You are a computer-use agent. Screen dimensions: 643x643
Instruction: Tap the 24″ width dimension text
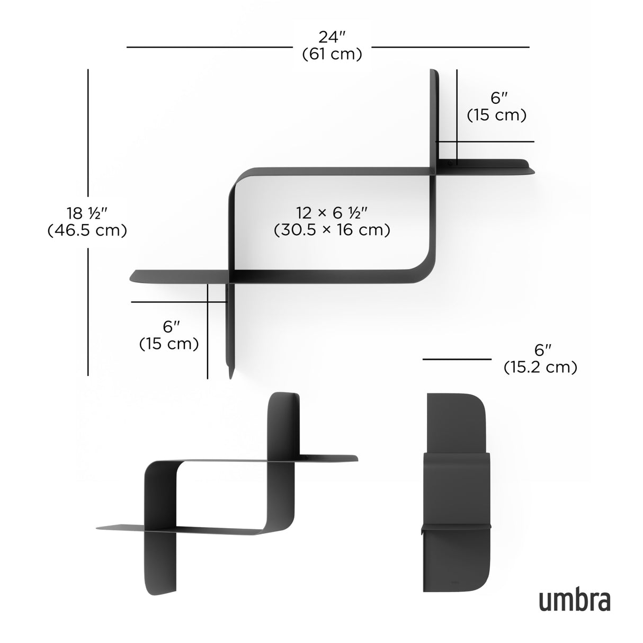pyautogui.click(x=332, y=37)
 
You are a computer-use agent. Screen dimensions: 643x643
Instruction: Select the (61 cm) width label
pyautogui.click(x=332, y=54)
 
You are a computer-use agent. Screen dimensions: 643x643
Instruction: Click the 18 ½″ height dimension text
pyautogui.click(x=87, y=213)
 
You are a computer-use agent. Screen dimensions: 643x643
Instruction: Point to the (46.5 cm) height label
pyautogui.click(x=87, y=230)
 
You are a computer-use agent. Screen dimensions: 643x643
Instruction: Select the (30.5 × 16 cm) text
pyautogui.click(x=332, y=230)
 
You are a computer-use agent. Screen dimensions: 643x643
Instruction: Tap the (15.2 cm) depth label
pyautogui.click(x=540, y=367)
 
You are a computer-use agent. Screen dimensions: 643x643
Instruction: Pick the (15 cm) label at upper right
pyautogui.click(x=496, y=115)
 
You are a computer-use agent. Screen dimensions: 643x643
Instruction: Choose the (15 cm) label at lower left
pyautogui.click(x=169, y=343)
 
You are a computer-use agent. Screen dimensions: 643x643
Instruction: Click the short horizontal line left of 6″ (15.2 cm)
pyautogui.click(x=457, y=359)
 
